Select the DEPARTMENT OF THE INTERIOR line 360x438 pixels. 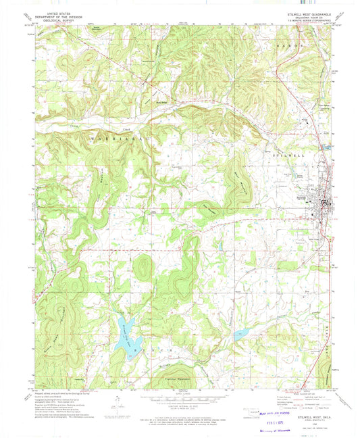pyautogui.click(x=55, y=16)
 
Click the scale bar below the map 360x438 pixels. pyautogui.click(x=180, y=398)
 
